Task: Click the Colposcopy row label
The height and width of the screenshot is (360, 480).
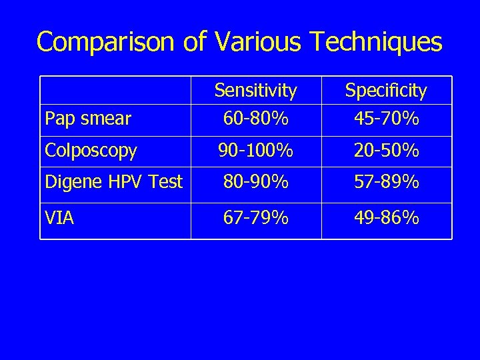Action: click(x=91, y=151)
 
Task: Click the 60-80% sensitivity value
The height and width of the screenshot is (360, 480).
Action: click(x=256, y=119)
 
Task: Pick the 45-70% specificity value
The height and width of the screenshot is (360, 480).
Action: click(x=387, y=119)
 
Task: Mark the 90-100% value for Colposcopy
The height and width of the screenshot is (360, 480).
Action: click(x=256, y=151)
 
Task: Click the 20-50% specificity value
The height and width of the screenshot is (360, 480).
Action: click(x=387, y=151)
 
